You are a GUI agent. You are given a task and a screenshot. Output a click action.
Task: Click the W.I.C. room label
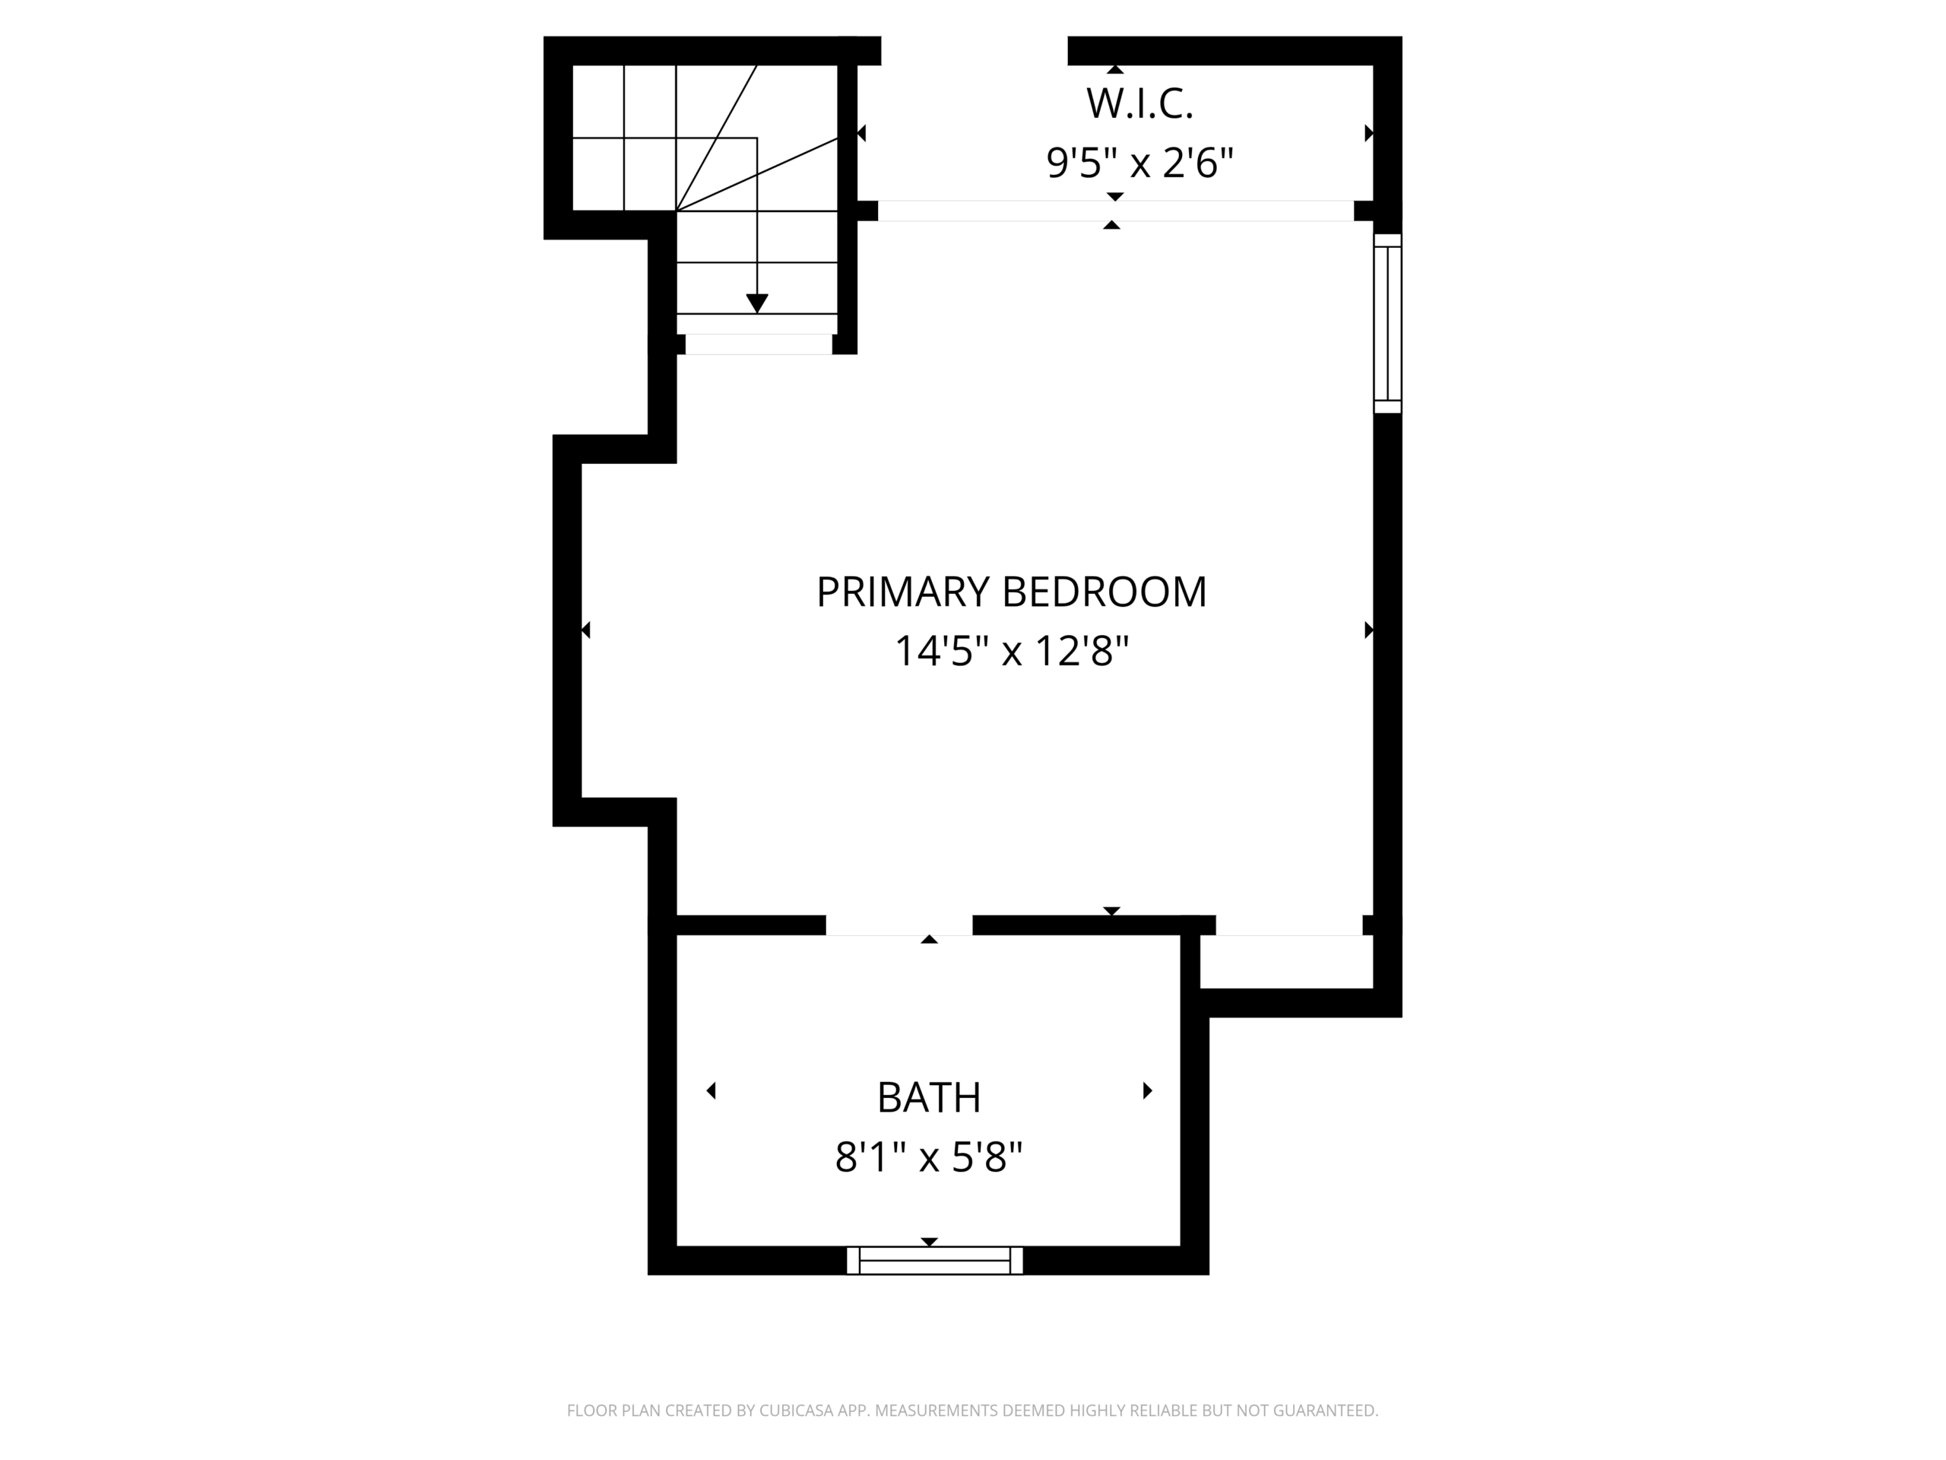click(1139, 104)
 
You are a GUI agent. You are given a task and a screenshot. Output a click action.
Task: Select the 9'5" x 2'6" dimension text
click(1139, 163)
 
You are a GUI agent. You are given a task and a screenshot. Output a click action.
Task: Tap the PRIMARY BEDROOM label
click(1012, 592)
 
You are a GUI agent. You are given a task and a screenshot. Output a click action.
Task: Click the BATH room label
click(929, 1097)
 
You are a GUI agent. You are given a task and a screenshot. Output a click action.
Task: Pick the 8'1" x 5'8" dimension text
click(929, 1157)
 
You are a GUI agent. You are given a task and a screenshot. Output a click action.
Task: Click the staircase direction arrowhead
click(756, 303)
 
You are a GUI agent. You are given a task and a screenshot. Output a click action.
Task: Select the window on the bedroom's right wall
click(1387, 323)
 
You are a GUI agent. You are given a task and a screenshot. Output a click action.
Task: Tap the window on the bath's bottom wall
click(934, 1260)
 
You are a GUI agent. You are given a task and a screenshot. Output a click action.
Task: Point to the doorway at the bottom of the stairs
click(759, 344)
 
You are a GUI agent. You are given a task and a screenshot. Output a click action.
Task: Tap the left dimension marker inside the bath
click(711, 1091)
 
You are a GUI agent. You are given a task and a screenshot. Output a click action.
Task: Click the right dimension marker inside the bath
click(1147, 1091)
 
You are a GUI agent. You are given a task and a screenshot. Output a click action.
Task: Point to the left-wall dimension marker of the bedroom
click(586, 630)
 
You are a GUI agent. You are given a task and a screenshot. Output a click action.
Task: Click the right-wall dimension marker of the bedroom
click(1369, 630)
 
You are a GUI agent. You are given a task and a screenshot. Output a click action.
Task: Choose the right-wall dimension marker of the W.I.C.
click(1369, 133)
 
